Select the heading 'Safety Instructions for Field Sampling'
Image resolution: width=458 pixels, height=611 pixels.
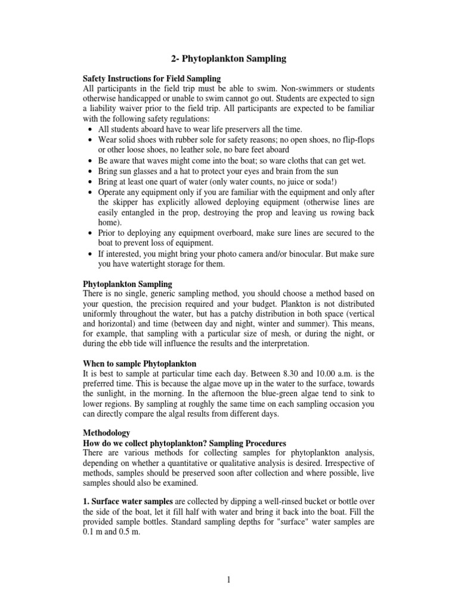click(151, 78)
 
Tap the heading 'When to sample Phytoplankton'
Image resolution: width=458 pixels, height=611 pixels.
click(139, 363)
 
